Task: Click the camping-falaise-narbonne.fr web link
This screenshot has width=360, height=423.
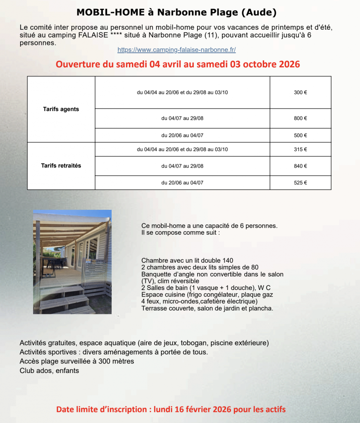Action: pos(176,50)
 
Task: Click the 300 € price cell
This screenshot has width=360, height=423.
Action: pos(300,93)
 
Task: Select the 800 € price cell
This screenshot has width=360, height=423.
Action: pos(300,118)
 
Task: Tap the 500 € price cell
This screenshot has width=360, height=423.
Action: pos(300,135)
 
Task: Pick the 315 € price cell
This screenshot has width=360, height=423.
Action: pos(300,150)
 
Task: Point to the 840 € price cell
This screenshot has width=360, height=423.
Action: pos(300,166)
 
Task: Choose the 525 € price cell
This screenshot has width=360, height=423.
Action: pos(300,183)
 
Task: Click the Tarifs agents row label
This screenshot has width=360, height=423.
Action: pos(61,109)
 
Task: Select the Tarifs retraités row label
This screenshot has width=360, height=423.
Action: pos(61,166)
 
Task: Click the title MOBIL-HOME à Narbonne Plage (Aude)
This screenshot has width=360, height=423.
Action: pos(176,12)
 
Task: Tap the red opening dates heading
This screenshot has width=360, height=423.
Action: pos(178,64)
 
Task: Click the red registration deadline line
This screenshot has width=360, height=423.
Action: pos(171,409)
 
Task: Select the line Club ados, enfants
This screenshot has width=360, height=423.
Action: pos(49,371)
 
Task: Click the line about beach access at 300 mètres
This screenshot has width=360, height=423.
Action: pos(77,361)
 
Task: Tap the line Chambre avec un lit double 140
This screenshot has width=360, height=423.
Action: pos(187,261)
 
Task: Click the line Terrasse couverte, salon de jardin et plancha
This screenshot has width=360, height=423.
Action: pos(207,308)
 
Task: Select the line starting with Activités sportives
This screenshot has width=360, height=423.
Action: pos(114,352)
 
